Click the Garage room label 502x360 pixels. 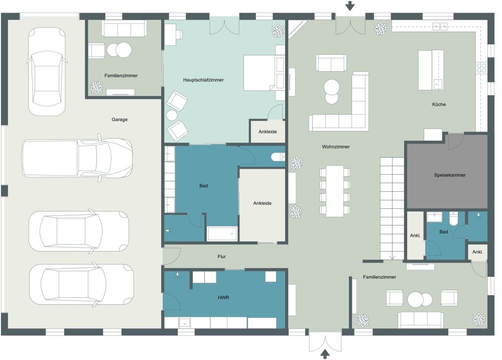click(x=119, y=119)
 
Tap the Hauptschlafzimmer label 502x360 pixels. click(x=203, y=80)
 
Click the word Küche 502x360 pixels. click(x=439, y=104)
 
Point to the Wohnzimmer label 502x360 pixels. click(x=336, y=147)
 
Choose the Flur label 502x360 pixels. click(x=221, y=257)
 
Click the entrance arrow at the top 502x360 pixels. click(x=350, y=6)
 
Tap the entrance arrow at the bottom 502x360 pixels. click(x=325, y=353)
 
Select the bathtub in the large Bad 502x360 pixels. click(x=222, y=233)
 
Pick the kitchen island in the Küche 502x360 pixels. click(x=431, y=70)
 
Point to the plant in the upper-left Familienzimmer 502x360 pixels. click(x=95, y=88)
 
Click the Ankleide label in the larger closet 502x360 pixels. click(x=262, y=203)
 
